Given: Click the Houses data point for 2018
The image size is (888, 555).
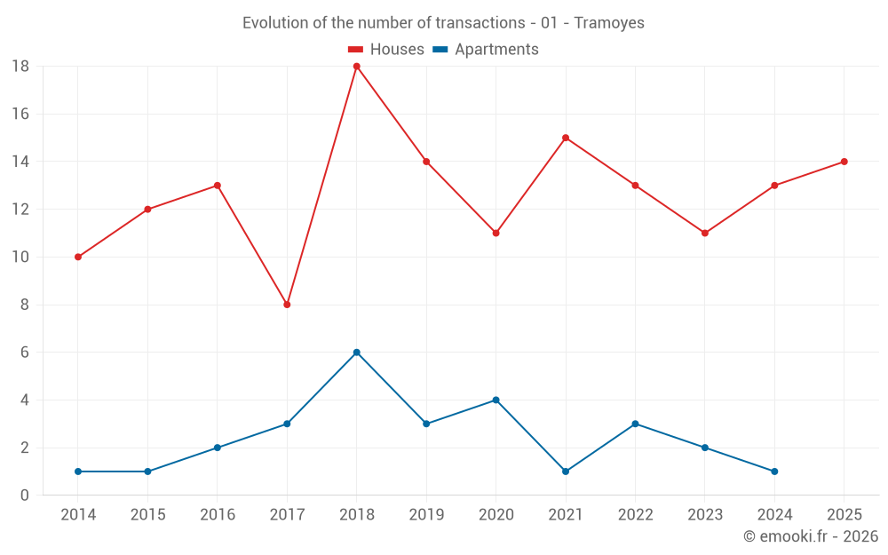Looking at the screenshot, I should click(356, 67).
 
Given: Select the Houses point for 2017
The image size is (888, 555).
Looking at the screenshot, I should click(287, 305).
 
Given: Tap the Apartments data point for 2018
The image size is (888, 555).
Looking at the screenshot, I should click(356, 353).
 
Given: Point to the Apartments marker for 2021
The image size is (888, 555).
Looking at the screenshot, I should click(566, 472).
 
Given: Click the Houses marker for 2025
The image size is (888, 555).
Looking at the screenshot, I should click(844, 162).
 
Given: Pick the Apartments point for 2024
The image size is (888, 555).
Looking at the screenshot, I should click(774, 472).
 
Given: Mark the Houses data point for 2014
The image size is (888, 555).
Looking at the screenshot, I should click(78, 257).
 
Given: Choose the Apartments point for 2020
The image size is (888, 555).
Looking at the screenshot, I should click(496, 400).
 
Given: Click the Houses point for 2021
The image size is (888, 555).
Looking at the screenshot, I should click(566, 138).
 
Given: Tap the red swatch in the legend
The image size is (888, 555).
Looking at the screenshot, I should click(356, 50).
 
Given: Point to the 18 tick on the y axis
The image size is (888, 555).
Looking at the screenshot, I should click(20, 67).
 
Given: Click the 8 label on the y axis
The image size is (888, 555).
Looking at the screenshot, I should click(25, 305).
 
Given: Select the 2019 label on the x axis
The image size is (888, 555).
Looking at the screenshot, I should click(426, 514).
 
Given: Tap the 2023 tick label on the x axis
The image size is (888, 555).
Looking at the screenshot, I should click(704, 514).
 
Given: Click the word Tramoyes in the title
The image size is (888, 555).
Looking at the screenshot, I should click(609, 23).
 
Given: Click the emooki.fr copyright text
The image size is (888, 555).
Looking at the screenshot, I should click(810, 536).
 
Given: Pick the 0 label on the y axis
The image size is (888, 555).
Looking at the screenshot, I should click(25, 496).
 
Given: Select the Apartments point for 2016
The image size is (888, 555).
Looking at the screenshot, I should click(218, 448).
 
